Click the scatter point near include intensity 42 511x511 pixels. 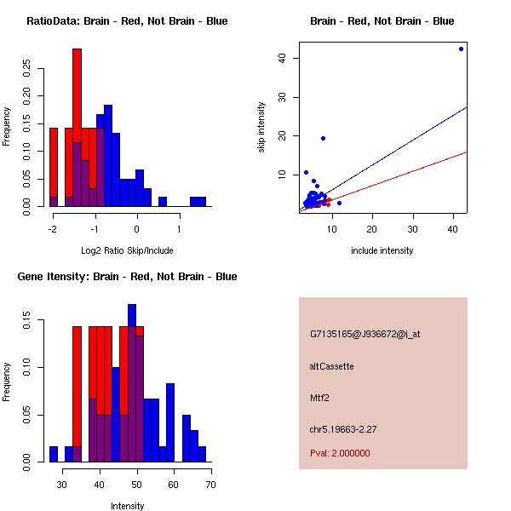[461, 49]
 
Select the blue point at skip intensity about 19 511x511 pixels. [323, 138]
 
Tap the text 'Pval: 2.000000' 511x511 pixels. [340, 453]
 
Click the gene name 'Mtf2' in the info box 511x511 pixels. [320, 397]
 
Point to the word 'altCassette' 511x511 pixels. [331, 366]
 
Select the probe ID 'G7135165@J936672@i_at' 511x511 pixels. [365, 334]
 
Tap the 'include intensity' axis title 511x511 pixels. [382, 250]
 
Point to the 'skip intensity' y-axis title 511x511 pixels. [261, 128]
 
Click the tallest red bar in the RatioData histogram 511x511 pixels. [78, 128]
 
